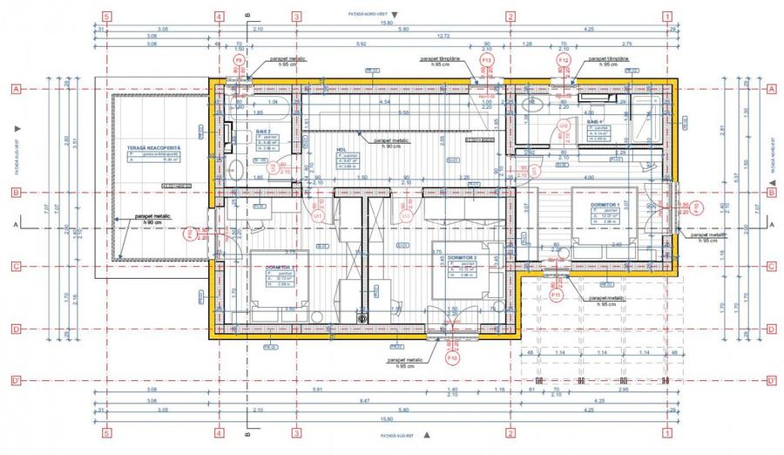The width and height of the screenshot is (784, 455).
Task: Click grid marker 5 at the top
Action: click(x=106, y=16)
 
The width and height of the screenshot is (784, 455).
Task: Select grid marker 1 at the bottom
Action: click(x=666, y=432)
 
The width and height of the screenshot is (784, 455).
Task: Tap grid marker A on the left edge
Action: click(x=15, y=89)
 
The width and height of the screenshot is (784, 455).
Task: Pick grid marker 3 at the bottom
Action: click(x=296, y=432)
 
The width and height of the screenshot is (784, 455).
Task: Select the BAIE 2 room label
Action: click(x=263, y=132)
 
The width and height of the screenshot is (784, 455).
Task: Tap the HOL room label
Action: click(x=341, y=149)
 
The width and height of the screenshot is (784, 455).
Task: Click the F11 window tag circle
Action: click(x=557, y=295)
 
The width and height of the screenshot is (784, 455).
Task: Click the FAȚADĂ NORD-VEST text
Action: click(x=362, y=16)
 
